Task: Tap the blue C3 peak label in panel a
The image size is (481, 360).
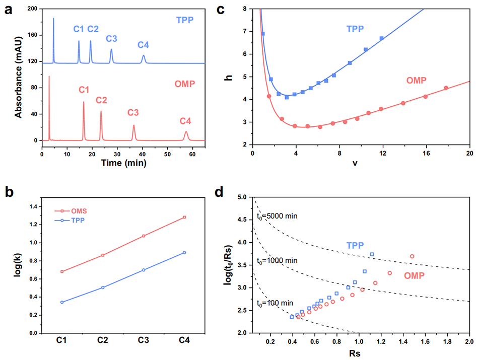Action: click(x=111, y=38)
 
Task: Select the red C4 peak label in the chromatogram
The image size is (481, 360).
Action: click(x=185, y=121)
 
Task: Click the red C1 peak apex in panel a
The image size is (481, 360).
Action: click(x=84, y=102)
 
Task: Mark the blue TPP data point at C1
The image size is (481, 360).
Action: click(x=62, y=302)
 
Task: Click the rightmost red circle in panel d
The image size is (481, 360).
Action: click(x=412, y=256)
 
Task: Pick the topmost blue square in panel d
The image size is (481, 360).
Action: click(x=372, y=254)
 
